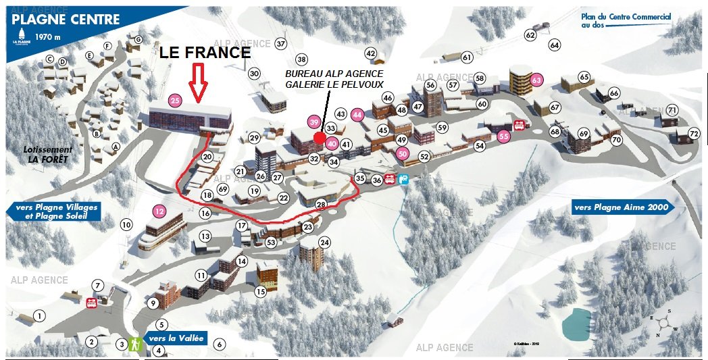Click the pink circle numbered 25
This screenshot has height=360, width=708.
tap(175, 101)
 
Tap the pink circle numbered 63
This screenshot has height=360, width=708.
tap(537, 80)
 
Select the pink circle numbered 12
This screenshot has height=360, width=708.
tap(159, 211)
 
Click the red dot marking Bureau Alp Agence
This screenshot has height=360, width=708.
tap(320, 137)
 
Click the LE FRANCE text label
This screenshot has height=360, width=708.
tap(205, 53)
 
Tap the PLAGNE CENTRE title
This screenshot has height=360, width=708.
tap(66, 20)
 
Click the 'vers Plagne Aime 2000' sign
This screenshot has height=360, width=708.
tap(622, 207)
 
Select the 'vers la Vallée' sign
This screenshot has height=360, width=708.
tap(174, 338)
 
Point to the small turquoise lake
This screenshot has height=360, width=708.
tap(576, 323)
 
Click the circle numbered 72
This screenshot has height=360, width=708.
tap(694, 133)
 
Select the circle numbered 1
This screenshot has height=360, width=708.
tap(40, 315)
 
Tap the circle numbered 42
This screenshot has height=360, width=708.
tap(370, 53)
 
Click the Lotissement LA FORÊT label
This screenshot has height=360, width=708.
tap(47, 154)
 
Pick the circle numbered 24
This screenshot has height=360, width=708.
tap(324, 242)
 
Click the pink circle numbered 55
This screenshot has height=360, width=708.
tap(503, 136)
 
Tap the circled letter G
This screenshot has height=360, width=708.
tap(138, 39)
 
